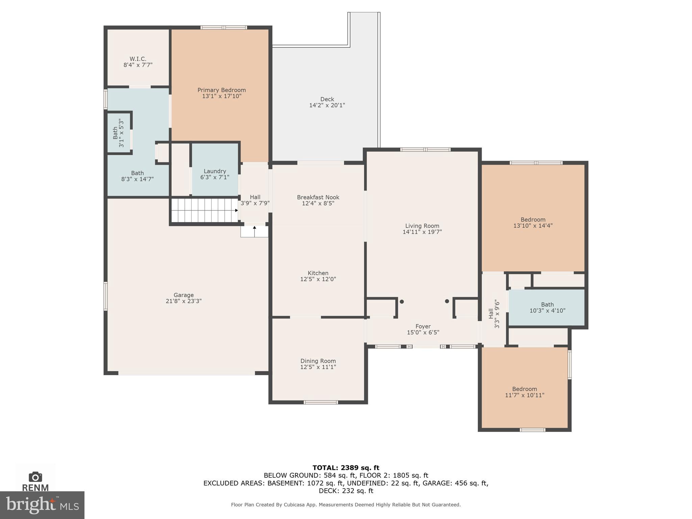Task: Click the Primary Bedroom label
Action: (221, 90)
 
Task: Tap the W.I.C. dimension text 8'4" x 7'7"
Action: (138, 65)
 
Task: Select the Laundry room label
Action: (215, 171)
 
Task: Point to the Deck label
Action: (327, 99)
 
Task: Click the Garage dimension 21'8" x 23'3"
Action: (183, 301)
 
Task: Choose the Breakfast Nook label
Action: (318, 197)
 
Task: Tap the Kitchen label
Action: (318, 273)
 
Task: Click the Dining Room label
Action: (318, 361)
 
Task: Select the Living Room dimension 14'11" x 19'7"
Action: (422, 232)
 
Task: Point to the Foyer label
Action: (423, 326)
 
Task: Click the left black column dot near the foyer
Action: (402, 302)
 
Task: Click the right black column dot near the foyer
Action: (447, 301)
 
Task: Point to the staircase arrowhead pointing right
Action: (237, 211)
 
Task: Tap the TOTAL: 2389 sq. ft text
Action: (346, 468)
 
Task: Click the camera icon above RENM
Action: (35, 477)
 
